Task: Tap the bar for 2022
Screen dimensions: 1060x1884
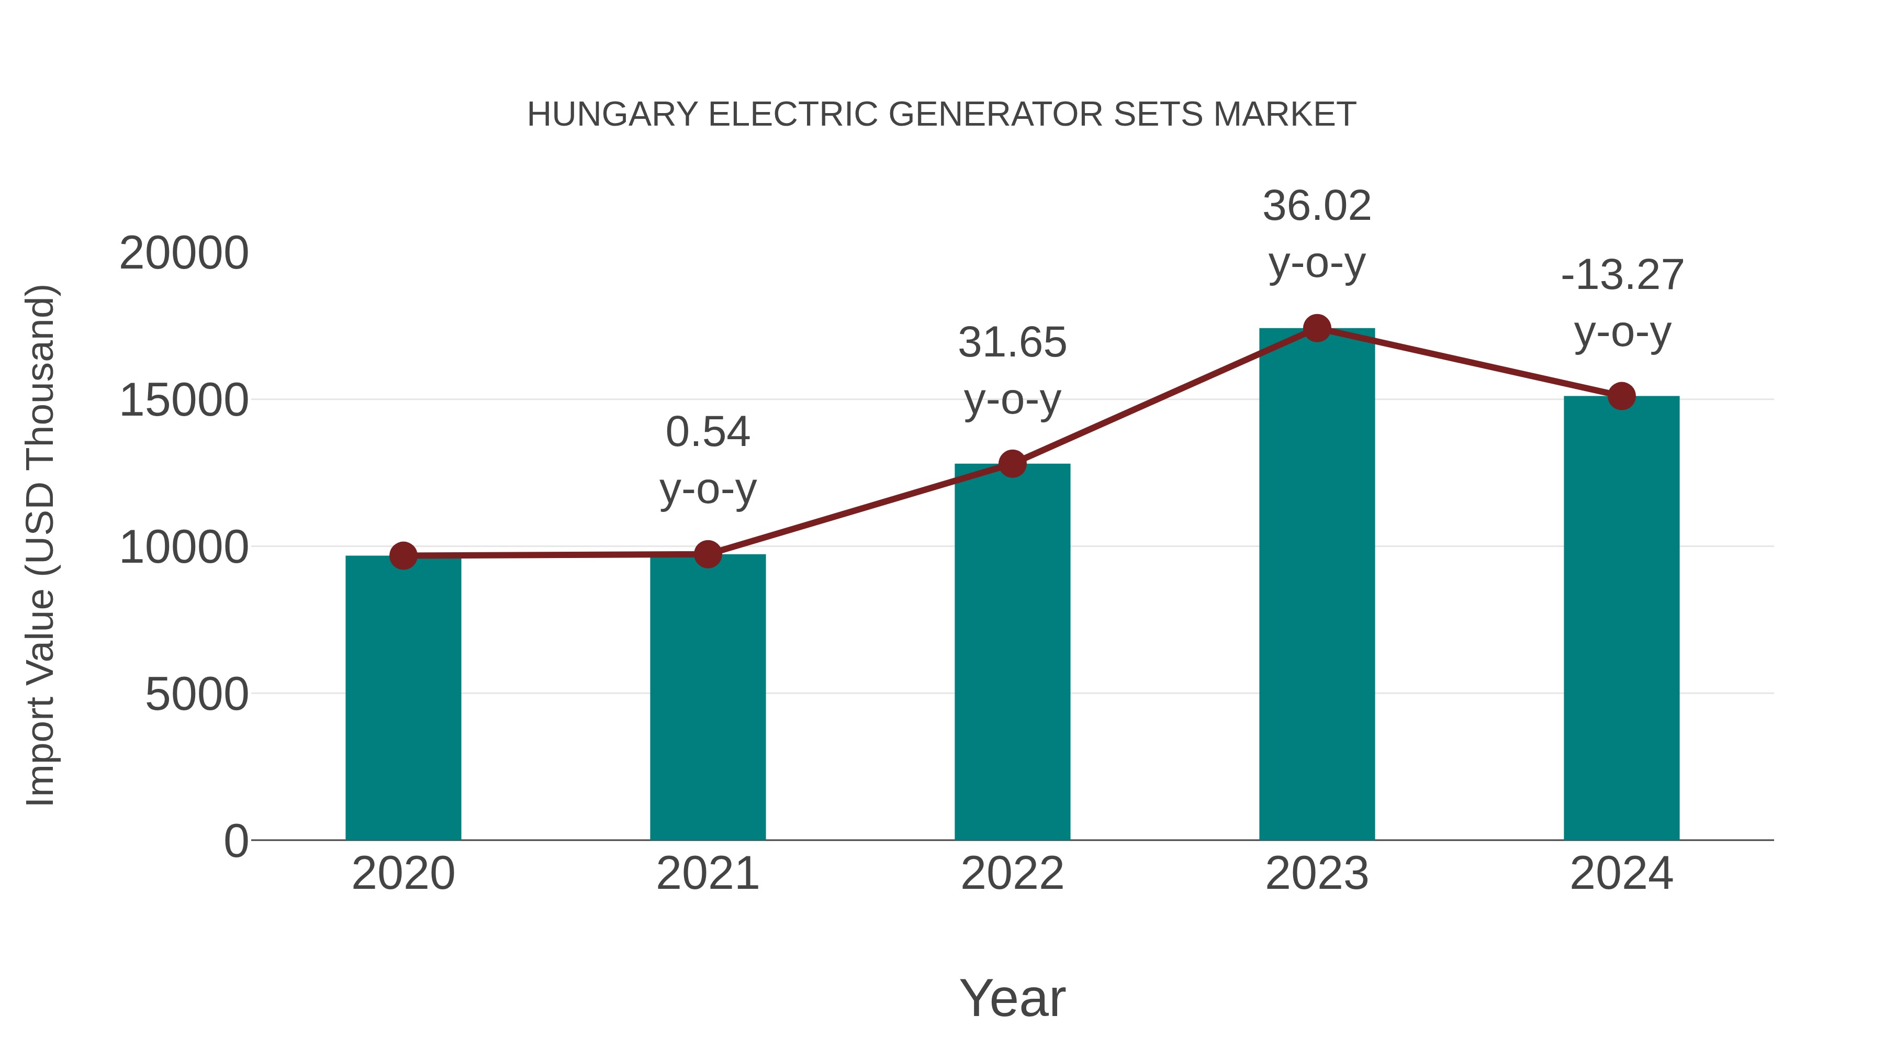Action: coord(1012,651)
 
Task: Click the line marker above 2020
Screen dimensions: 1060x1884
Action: coord(403,556)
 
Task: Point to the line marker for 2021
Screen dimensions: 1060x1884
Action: coord(707,554)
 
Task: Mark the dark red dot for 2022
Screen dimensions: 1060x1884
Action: coord(1012,464)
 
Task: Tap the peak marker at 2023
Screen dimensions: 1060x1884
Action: coord(1317,328)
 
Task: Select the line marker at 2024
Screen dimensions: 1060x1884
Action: coord(1621,396)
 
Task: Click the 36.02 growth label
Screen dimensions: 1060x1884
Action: coord(1317,206)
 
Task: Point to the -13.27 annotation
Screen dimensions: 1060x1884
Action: coord(1621,276)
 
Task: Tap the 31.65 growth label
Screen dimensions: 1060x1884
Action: coord(1012,342)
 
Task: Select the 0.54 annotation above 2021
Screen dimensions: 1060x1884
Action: coord(707,432)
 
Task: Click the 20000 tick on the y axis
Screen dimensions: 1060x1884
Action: coord(184,254)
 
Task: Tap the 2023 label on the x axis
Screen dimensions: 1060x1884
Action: coord(1317,874)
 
